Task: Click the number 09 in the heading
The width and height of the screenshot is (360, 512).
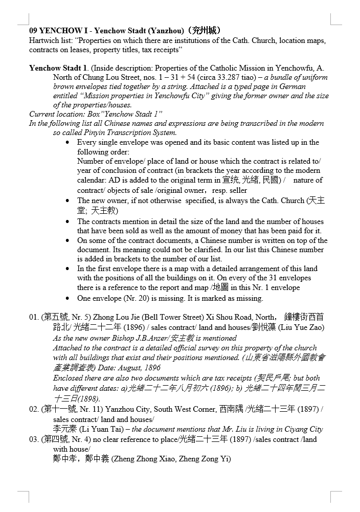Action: pos(34,31)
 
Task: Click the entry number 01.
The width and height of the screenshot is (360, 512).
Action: pos(34,318)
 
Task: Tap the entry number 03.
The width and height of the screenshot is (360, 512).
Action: pos(34,440)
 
